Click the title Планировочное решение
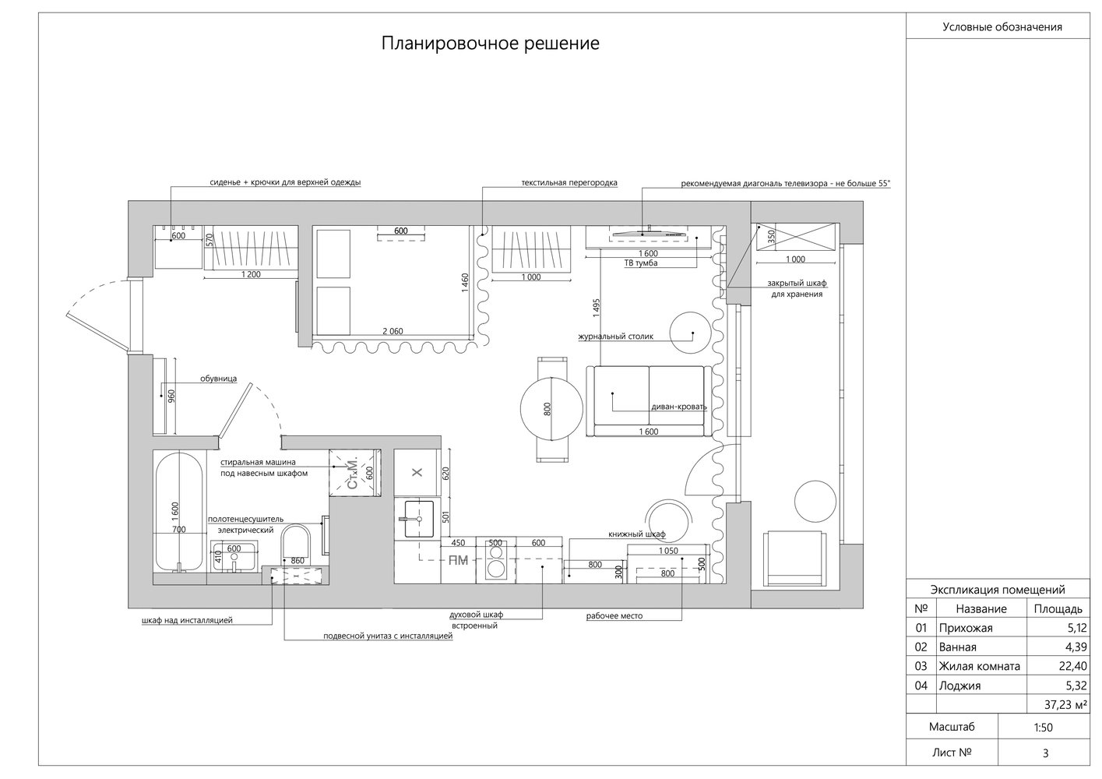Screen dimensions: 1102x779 (490, 44)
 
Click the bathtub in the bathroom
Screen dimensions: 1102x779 (179, 512)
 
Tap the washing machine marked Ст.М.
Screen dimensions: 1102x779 (354, 473)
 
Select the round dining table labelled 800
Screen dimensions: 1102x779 (551, 408)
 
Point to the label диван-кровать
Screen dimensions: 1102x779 (679, 407)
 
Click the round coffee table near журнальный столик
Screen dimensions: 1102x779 (691, 332)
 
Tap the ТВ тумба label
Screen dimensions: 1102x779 (641, 263)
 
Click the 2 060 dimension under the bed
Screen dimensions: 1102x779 (393, 331)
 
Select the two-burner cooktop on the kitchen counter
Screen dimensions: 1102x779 (495, 560)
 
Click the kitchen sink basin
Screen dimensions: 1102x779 (419, 519)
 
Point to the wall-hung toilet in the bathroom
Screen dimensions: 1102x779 (296, 545)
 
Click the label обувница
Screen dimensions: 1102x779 (218, 379)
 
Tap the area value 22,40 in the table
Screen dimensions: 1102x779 (1072, 666)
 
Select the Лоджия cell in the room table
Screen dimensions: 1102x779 (959, 686)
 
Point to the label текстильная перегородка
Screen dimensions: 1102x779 (569, 183)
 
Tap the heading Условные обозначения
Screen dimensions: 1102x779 (1002, 27)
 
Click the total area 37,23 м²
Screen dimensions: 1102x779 (1065, 705)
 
